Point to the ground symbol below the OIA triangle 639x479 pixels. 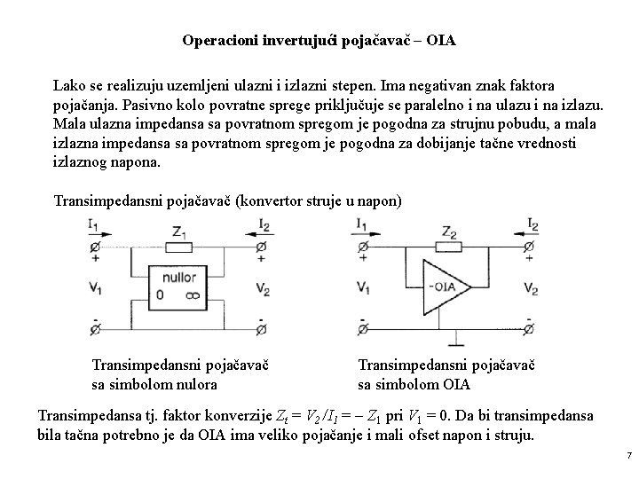(457, 341)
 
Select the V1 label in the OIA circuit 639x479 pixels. (363, 287)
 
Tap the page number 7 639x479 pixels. (628, 455)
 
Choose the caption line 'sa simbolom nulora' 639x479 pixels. (154, 384)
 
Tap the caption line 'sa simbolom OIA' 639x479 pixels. (414, 384)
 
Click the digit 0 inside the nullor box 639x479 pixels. (161, 295)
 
